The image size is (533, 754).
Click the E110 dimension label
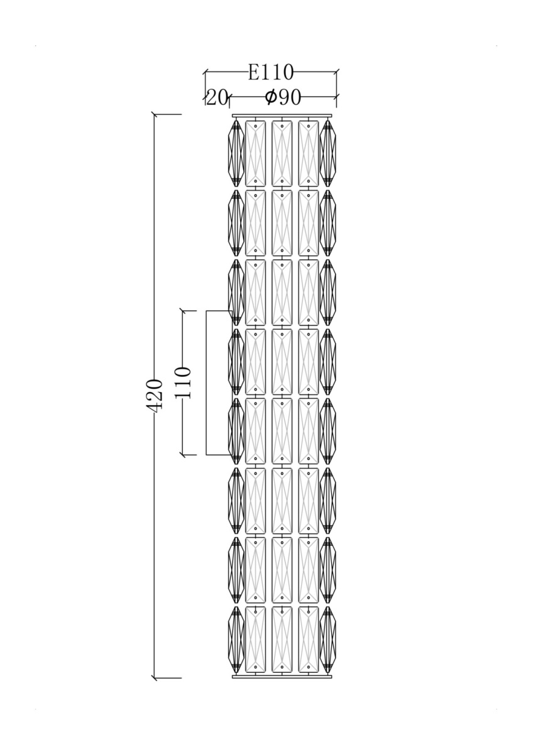click(271, 72)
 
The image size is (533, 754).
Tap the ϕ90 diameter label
click(282, 97)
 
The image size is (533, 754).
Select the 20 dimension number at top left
click(217, 97)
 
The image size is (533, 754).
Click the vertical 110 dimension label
click(183, 383)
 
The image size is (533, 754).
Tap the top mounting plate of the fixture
click(282, 116)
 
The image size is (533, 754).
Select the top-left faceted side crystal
click(236, 153)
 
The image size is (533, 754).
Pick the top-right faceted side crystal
click(328, 153)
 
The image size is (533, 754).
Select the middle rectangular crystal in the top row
click(282, 153)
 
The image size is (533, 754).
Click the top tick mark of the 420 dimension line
click(155, 115)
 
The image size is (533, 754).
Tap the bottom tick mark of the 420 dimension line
click(155, 677)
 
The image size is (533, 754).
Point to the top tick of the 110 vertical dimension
click(183, 311)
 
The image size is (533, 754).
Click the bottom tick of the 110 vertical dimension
click(183, 455)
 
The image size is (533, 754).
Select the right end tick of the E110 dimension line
click(336, 72)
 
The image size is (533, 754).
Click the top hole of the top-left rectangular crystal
click(256, 126)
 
